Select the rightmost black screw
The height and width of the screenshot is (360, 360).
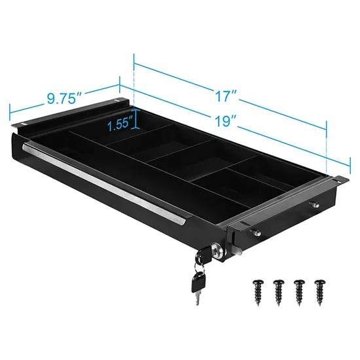(x=321, y=289)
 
